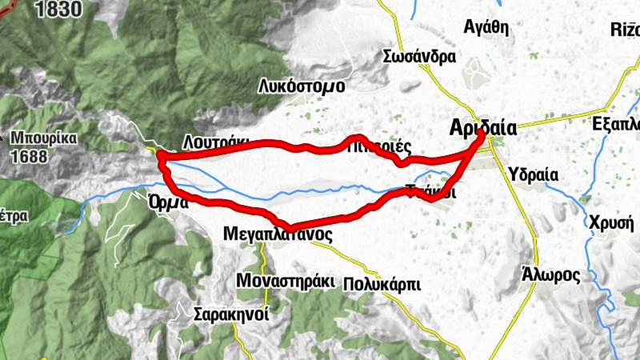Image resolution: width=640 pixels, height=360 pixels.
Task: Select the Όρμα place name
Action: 168,202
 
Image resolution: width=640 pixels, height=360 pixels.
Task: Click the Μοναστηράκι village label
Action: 284,281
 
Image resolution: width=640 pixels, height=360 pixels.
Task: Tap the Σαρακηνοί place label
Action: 231,314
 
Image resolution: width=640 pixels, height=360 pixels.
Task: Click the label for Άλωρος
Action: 550,274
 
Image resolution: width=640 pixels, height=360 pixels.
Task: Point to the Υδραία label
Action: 532,176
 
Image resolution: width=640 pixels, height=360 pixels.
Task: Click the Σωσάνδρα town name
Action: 419,57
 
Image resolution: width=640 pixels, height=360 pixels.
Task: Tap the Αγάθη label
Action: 486,26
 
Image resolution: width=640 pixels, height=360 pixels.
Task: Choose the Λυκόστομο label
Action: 301,86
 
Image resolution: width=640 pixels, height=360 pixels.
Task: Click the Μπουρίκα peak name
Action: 43,137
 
